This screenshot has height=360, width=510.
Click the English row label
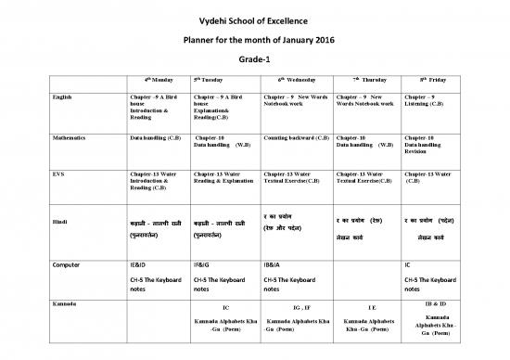[65, 96]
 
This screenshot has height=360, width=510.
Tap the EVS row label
[59, 173]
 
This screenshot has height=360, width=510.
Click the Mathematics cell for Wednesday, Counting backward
[296, 137]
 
